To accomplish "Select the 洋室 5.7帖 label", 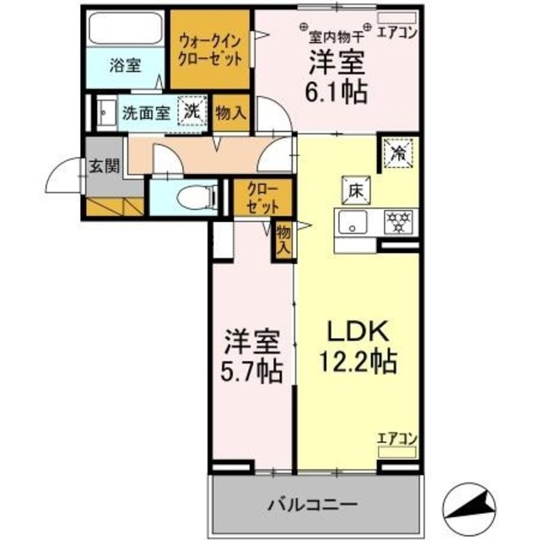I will point(252,357).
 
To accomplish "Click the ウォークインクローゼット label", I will point(211,49).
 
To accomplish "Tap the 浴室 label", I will point(126,66).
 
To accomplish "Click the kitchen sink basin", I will point(352,224).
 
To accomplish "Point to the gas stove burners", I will point(396,223).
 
